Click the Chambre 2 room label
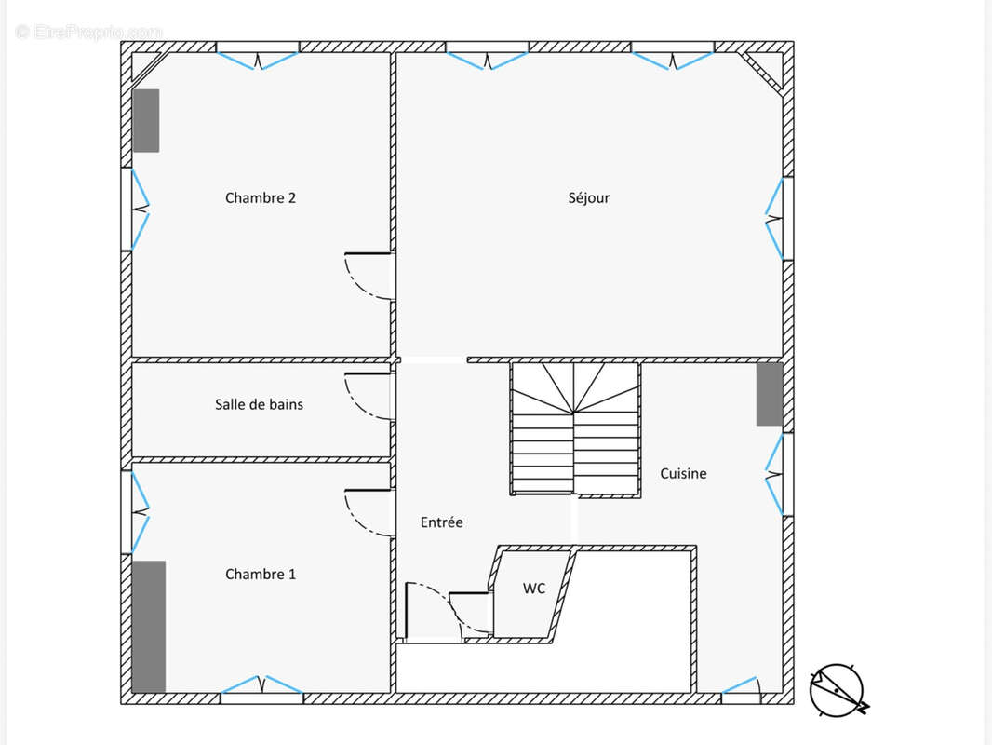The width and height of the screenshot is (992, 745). coord(261,197)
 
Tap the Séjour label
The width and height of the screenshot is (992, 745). coord(589,197)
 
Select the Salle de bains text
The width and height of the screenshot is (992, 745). coord(259,404)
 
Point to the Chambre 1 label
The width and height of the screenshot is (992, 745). coord(261,575)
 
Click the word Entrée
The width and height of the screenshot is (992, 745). coord(441,522)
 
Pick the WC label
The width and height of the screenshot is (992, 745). coord(534,589)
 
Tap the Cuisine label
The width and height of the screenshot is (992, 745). coord(683,473)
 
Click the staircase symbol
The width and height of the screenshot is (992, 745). coord(575,428)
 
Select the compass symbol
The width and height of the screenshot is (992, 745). coord(838,690)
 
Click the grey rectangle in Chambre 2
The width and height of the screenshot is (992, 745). coord(145,120)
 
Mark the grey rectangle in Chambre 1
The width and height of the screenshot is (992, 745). coord(149,626)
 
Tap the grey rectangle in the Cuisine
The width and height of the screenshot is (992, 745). coord(769,394)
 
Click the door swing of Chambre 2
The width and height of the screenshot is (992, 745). coord(368,276)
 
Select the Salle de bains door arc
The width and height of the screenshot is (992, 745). coord(368,397)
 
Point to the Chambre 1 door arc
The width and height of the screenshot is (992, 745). coord(368,512)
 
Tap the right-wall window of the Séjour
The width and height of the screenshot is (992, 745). coord(775,218)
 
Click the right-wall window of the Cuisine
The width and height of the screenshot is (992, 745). coord(774,475)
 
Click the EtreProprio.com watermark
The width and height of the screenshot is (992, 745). coord(88,32)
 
